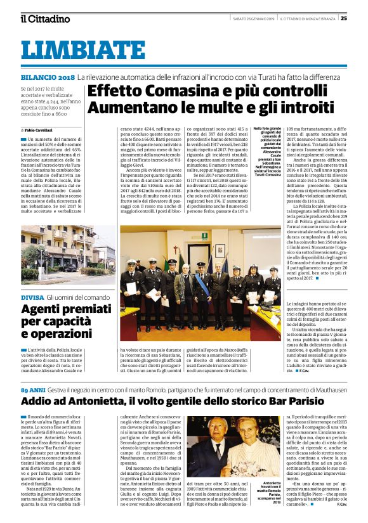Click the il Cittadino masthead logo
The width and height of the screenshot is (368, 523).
click(44, 18)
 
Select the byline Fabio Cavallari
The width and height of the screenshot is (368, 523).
click(45, 129)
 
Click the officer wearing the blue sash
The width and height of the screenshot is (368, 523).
click(201, 285)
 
